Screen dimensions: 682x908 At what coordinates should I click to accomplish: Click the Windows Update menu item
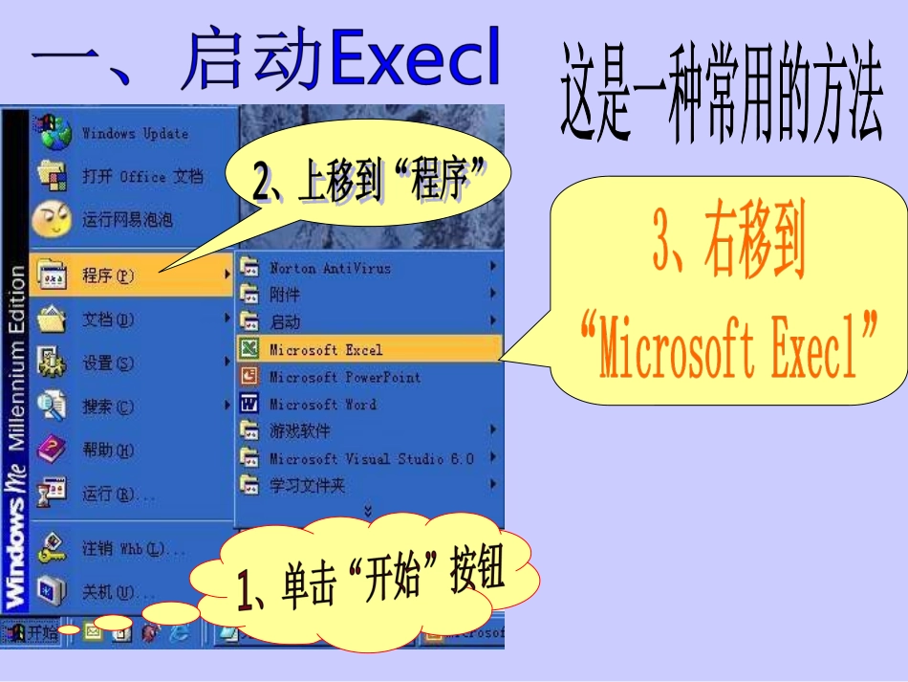coord(134,133)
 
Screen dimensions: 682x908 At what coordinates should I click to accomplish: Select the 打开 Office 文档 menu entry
coord(141,176)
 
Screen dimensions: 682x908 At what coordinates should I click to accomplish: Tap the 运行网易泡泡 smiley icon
coord(51,220)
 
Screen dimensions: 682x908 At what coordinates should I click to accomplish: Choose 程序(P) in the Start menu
coord(107,275)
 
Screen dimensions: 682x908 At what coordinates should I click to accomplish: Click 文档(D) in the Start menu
coord(107,319)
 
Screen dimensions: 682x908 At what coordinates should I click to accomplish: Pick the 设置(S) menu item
coord(107,363)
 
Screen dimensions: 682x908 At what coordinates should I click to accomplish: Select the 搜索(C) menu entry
coord(107,407)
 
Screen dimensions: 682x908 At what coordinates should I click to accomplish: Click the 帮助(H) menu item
coord(107,450)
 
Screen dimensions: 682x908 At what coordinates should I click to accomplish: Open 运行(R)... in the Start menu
coord(117,494)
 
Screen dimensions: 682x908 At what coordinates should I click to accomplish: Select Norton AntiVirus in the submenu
coord(330,268)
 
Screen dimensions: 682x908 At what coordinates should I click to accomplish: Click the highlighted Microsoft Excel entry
coord(325,349)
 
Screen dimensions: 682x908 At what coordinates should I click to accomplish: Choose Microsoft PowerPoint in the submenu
coord(344,377)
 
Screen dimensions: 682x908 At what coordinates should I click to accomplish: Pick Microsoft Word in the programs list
coord(322,404)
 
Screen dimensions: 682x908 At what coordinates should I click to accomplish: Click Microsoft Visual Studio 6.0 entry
coord(371,458)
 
